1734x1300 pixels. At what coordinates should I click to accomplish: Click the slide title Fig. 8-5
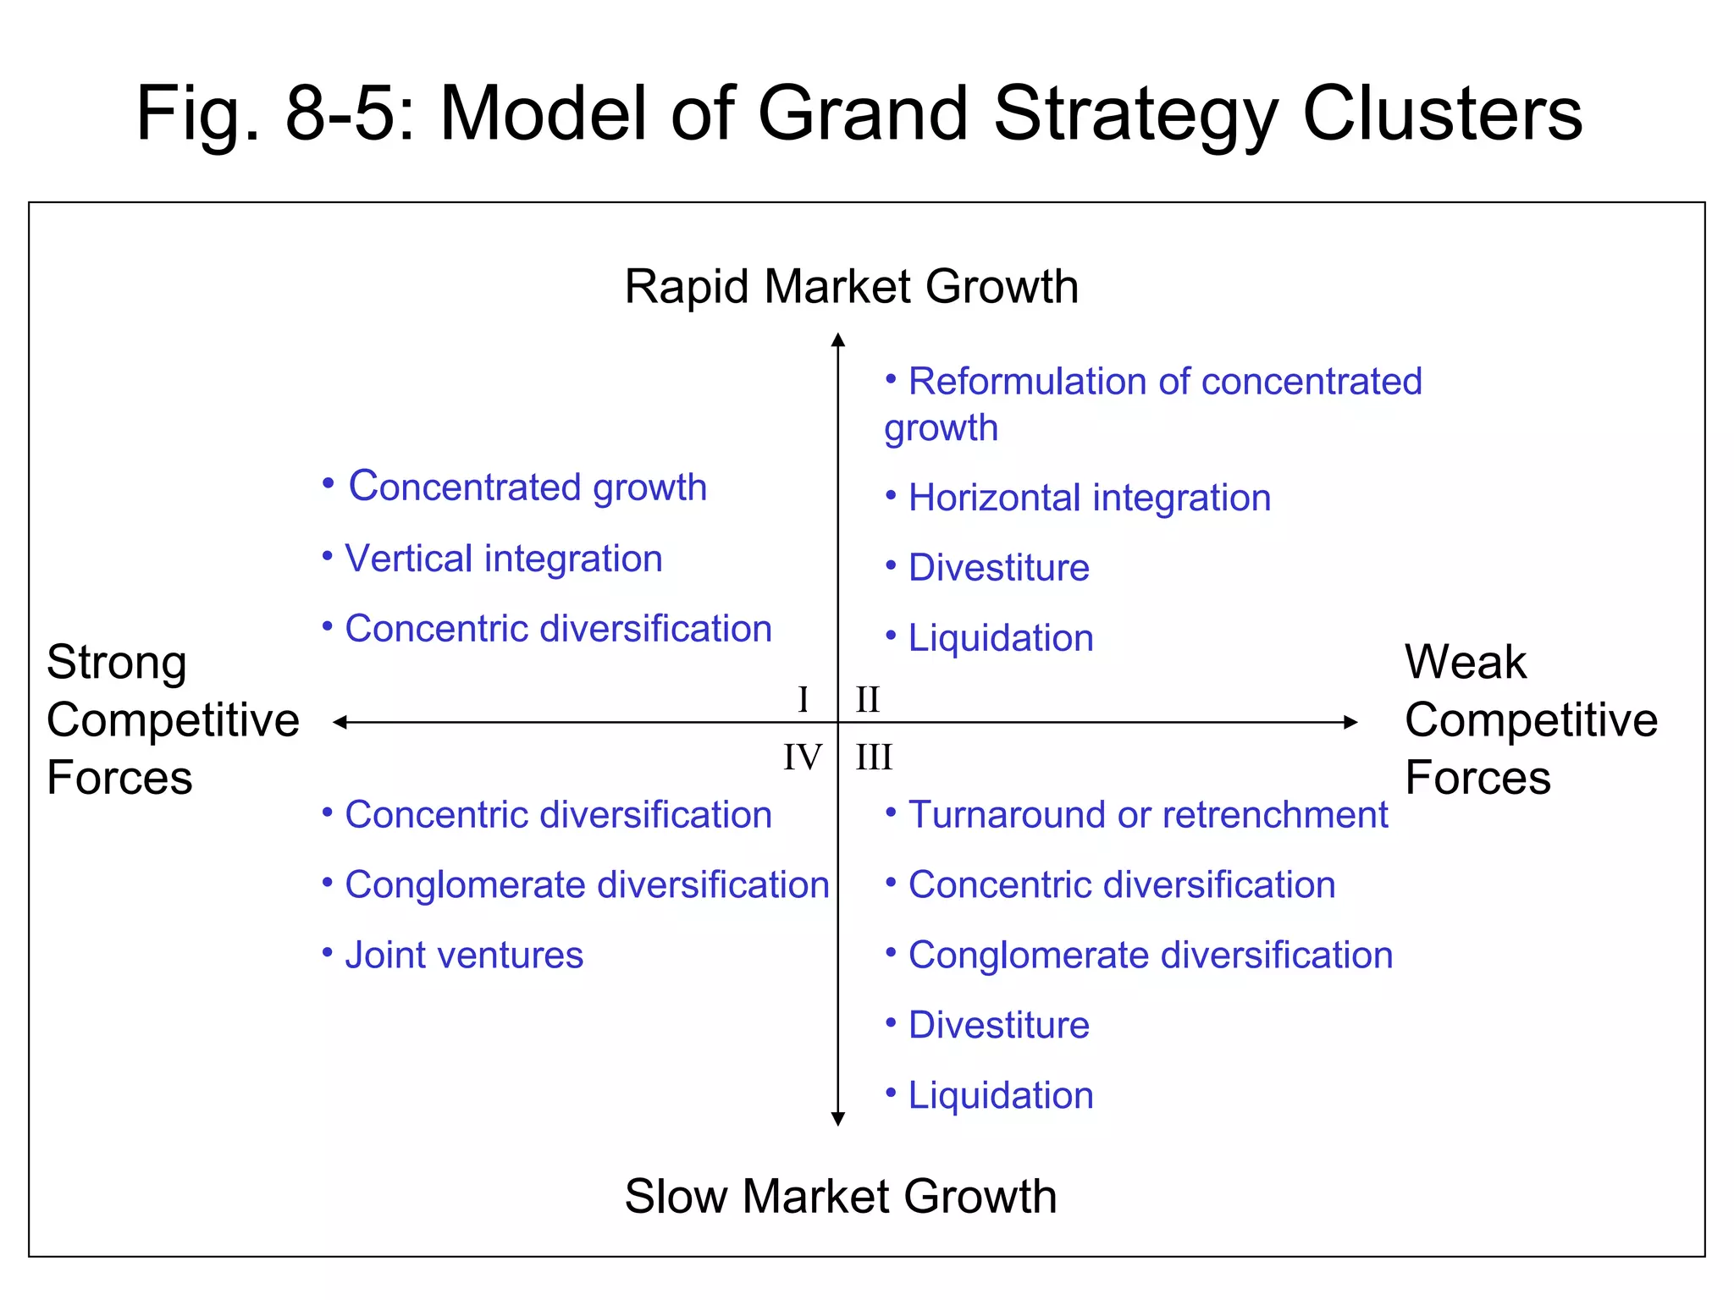[x=859, y=113]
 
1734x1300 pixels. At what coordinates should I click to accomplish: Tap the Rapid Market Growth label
[x=851, y=286]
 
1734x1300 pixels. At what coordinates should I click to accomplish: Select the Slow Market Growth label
[x=841, y=1196]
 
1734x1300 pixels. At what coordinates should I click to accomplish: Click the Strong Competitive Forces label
[x=173, y=719]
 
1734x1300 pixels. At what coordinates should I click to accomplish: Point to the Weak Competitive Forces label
[x=1530, y=719]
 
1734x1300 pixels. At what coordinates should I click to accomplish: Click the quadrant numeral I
[x=803, y=700]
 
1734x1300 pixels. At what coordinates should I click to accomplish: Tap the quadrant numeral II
[x=868, y=700]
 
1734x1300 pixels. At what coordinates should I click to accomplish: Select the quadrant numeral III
[x=874, y=757]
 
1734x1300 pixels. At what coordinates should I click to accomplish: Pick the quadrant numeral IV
[x=802, y=757]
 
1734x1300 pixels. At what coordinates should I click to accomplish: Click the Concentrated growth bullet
[x=527, y=487]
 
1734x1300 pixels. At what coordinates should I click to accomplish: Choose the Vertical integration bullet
[x=503, y=559]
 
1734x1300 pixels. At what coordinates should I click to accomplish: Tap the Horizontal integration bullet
[x=1089, y=498]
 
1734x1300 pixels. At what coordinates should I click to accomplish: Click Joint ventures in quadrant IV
[x=464, y=955]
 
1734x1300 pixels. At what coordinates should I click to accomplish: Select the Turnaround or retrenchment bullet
[x=1147, y=814]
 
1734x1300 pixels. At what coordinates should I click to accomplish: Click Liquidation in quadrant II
[x=1000, y=638]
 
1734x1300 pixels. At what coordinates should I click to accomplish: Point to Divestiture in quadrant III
[x=998, y=1025]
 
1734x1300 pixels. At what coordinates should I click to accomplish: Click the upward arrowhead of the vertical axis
[x=838, y=339]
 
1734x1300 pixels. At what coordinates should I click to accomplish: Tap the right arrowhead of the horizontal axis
[x=1351, y=722]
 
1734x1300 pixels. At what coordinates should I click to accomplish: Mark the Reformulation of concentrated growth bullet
[x=1151, y=403]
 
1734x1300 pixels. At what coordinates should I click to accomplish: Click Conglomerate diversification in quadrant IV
[x=586, y=885]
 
